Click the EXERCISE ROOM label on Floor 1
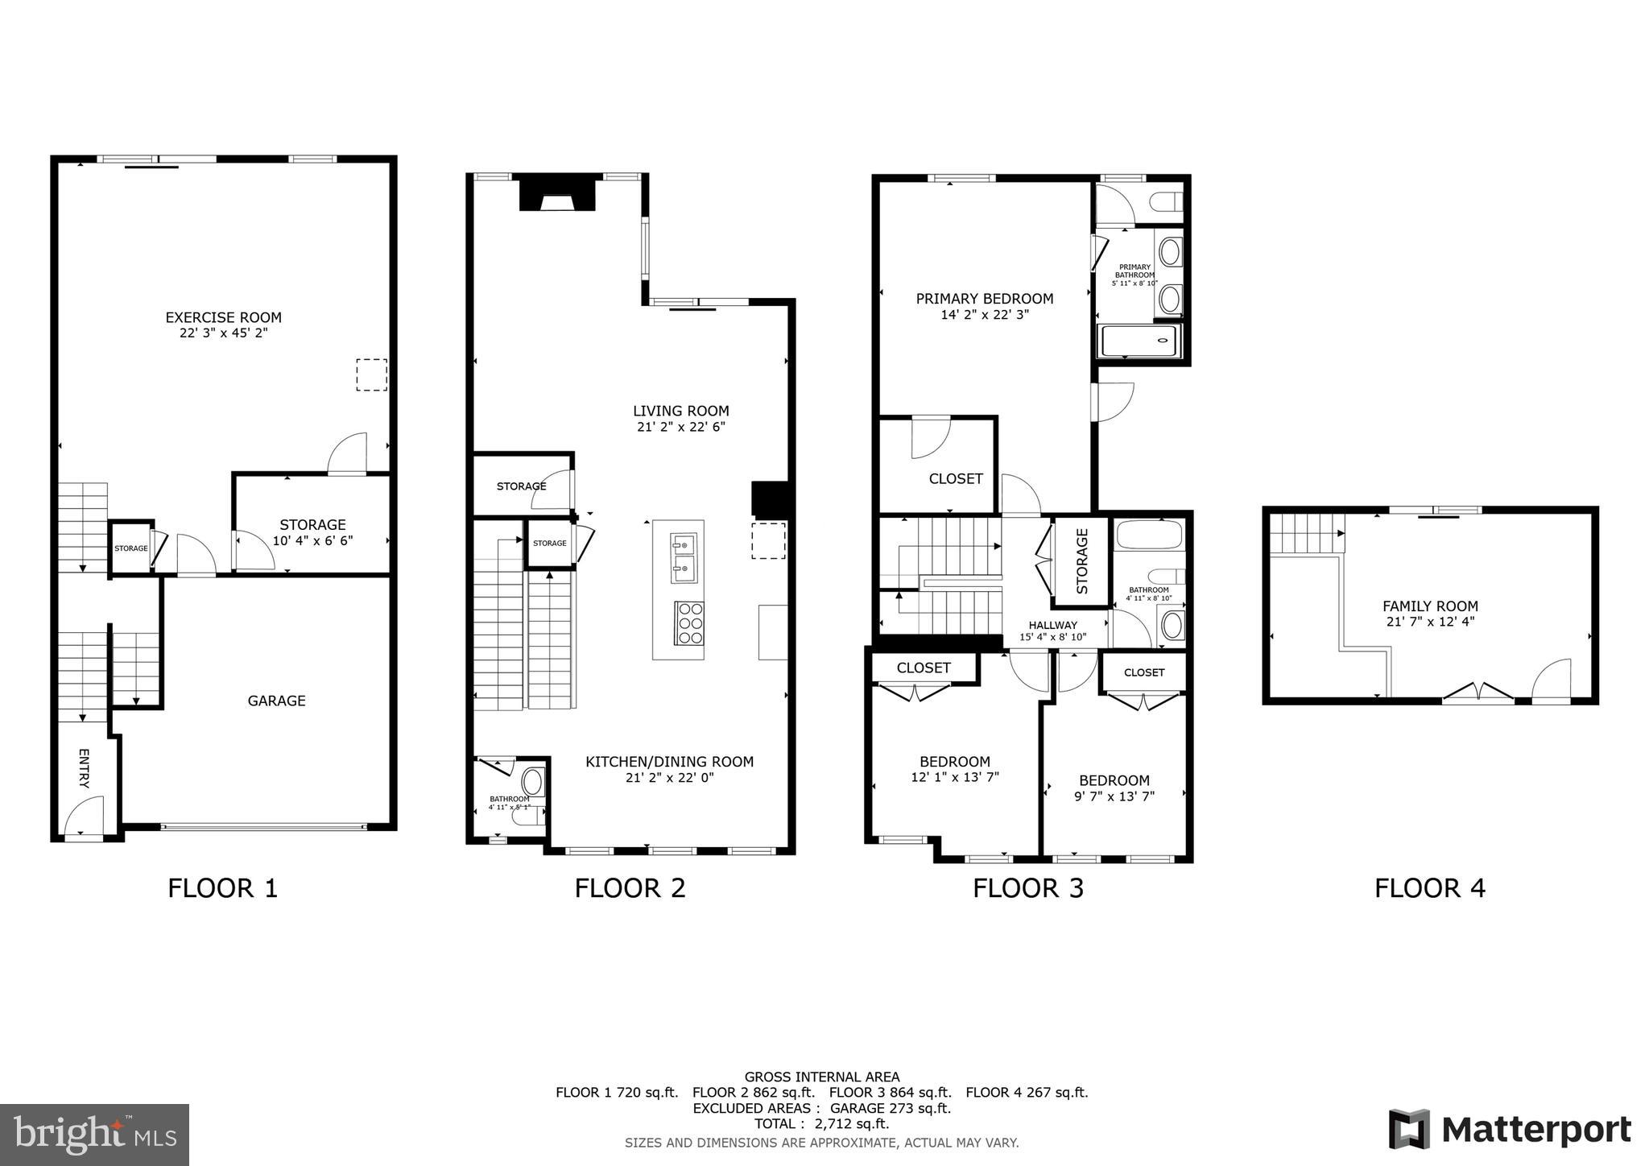223,317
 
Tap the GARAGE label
276,701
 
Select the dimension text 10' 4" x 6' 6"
312,541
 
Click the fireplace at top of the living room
557,193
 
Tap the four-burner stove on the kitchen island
690,622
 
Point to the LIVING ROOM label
680,411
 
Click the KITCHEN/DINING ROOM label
669,762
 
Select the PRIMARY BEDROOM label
984,299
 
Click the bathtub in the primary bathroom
1140,341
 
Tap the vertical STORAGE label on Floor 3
1082,561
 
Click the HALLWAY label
1052,625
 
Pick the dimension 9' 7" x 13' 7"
1114,796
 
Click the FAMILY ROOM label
1430,606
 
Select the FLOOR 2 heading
630,888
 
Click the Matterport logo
1510,1130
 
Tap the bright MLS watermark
94,1135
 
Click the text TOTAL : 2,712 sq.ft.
821,1123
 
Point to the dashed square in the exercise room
371,375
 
